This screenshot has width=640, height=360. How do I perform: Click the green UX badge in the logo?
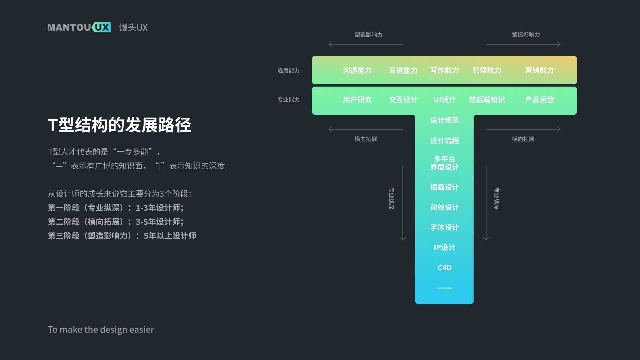coord(102,27)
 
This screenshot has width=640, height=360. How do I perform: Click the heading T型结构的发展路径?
coord(119,125)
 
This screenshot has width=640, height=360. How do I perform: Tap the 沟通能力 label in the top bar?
coord(357,70)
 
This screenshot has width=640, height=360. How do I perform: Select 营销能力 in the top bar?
coord(539,70)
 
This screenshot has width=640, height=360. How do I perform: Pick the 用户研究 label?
coord(357,100)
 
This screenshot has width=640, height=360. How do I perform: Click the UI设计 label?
coord(444,100)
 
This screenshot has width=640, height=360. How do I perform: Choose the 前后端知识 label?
coord(487,100)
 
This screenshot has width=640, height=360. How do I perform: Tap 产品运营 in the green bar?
coord(539,100)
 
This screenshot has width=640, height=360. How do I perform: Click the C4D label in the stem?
coord(444,268)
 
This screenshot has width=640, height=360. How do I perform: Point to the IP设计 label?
coord(444,247)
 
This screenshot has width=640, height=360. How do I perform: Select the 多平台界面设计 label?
coord(444,163)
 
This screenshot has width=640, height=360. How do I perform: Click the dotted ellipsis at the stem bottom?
coord(444,288)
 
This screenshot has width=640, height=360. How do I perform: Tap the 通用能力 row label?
coord(288,70)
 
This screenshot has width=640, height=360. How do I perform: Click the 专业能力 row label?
coord(288,100)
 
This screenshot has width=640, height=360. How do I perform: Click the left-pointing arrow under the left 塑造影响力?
coord(365,44)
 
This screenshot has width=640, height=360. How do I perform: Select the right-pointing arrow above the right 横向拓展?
coord(523,129)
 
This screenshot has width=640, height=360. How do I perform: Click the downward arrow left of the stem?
coord(403,203)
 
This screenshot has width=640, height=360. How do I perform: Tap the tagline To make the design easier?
coord(101,329)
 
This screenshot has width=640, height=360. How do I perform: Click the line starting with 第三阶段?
coord(122,236)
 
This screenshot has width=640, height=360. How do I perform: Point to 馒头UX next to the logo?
coord(133,27)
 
